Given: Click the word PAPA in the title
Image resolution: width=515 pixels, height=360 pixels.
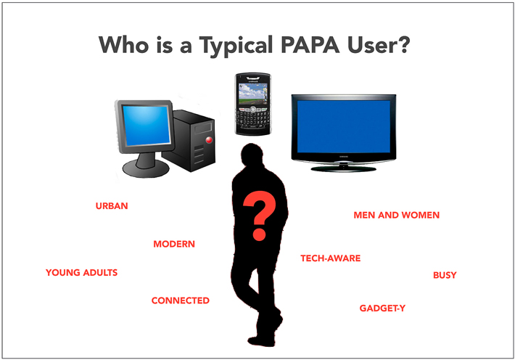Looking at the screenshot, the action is click(310, 45).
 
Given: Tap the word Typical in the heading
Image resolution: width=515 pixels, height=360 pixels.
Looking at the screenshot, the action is click(236, 46).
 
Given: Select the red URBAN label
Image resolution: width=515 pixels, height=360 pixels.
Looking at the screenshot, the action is click(112, 206).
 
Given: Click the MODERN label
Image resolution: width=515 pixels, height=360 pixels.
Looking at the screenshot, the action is click(174, 244).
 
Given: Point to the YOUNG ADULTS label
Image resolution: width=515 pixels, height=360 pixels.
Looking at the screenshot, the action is click(81, 273).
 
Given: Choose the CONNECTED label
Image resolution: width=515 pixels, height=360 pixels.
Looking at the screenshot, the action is click(181, 300).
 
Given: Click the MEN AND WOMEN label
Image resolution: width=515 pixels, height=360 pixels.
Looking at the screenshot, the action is click(397, 215).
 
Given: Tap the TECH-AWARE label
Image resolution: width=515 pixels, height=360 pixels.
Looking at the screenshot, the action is click(331, 258).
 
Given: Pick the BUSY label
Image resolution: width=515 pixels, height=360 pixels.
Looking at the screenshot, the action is click(445, 275).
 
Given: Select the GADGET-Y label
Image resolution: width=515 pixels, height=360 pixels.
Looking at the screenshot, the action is click(382, 308).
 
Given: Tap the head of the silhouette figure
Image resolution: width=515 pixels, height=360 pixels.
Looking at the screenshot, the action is click(252, 155).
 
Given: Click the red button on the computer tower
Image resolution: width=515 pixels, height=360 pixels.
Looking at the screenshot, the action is click(209, 140).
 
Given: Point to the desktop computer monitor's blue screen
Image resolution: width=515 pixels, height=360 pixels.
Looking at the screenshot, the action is click(147, 126).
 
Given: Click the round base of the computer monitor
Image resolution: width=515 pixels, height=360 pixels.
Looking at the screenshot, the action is click(146, 168).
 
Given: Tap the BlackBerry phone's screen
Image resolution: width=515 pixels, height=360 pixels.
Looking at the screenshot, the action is click(253, 94).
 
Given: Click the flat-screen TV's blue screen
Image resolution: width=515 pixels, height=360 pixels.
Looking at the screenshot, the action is click(344, 126).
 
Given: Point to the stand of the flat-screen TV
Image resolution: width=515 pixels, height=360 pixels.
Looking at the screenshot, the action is click(343, 168).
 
